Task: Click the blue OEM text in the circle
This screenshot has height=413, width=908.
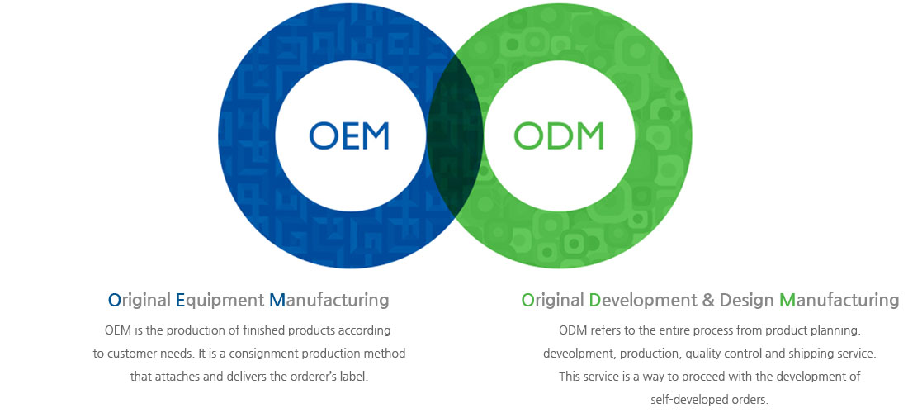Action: [348, 135]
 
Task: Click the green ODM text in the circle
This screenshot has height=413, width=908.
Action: [559, 135]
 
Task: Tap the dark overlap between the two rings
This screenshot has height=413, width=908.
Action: [455, 135]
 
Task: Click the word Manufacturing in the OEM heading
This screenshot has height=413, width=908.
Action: [329, 300]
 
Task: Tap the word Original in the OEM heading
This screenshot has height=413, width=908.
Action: [139, 300]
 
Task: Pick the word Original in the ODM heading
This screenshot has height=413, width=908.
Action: [552, 300]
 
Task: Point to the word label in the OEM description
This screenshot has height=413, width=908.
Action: [353, 377]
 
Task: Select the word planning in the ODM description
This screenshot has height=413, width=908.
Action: [837, 331]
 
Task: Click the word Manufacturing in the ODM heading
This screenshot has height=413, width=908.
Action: [839, 300]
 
